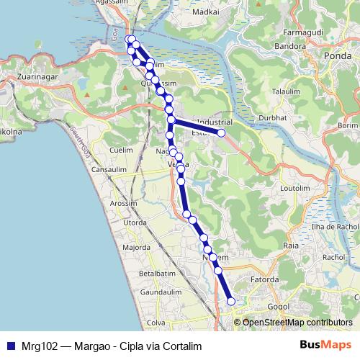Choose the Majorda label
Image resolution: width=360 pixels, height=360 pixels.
[x=136, y=247]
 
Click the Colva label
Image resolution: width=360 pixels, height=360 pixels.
[x=156, y=323]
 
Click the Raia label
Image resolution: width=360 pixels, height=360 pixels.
[x=292, y=246]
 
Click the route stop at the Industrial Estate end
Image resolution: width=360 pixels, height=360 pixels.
[x=222, y=133]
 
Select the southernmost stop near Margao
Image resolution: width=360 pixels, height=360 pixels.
[x=231, y=302]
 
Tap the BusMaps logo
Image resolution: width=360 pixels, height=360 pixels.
[x=324, y=344]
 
